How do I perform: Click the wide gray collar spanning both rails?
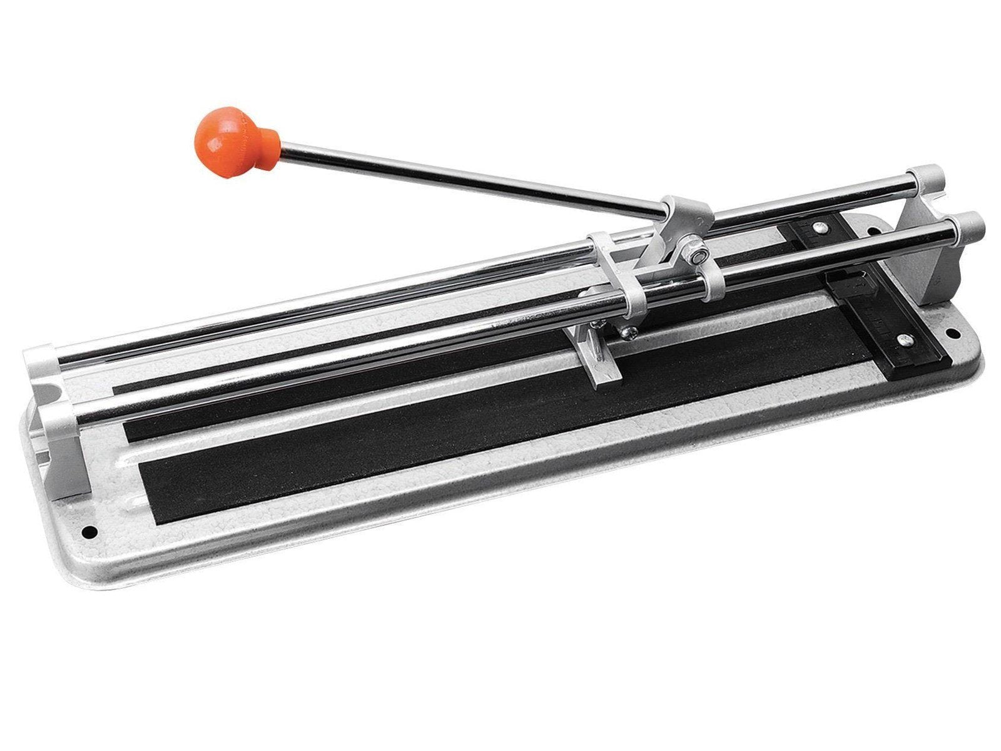tap(615, 263)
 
